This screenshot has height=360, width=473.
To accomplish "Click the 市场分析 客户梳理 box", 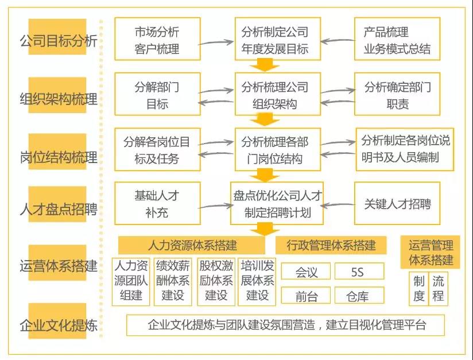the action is click(157, 39).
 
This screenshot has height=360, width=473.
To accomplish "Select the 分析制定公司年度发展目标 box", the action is click(277, 39).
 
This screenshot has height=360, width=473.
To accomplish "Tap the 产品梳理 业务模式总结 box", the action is click(397, 39).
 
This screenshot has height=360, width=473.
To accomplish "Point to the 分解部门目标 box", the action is click(157, 94).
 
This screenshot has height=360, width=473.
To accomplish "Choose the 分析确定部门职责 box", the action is click(397, 94).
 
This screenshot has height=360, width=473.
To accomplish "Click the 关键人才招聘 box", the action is click(397, 203).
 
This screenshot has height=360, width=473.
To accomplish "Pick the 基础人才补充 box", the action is click(157, 203).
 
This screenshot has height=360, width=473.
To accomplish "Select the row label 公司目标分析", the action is click(58, 40).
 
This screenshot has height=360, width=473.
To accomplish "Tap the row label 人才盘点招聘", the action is click(58, 209).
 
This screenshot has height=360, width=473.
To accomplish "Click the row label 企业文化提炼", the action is click(58, 325).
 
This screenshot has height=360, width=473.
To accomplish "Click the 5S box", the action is click(359, 271).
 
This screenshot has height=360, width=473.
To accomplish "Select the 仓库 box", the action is click(359, 296).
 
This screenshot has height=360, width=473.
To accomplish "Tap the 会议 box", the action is click(306, 271).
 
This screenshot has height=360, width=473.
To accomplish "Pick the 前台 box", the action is click(306, 296).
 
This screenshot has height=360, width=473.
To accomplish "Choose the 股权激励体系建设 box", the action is click(216, 282).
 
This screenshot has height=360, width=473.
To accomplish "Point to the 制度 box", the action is click(418, 289).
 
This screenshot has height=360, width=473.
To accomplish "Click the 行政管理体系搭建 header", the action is click(331, 245).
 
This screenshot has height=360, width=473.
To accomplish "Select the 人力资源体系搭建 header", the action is click(192, 245).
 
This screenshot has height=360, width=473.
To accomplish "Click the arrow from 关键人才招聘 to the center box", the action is click(338, 205).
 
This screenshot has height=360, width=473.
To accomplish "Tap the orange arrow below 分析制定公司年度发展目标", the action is click(265, 64).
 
